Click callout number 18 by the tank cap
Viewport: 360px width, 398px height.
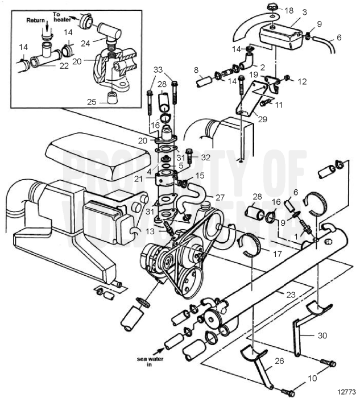pos(289,10)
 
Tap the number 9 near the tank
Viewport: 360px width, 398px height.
pos(319,23)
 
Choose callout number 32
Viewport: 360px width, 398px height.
pos(205,156)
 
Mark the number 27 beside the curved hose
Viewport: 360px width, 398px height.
pos(220,198)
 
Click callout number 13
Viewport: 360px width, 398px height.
pos(150,231)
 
